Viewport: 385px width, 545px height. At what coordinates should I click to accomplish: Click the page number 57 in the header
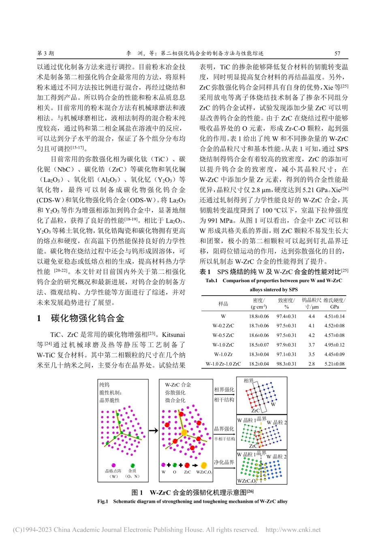coord(337,53)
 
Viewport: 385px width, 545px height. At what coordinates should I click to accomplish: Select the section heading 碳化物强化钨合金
coord(88,318)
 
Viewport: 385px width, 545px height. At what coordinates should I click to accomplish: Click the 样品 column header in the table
coord(223,304)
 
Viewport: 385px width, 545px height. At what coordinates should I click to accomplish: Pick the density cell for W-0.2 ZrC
coord(259,326)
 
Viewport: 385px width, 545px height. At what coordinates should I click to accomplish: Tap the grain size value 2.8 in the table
coord(311,364)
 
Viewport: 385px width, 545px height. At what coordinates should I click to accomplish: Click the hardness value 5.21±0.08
coord(334,364)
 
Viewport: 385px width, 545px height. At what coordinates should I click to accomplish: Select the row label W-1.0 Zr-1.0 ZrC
coord(223,364)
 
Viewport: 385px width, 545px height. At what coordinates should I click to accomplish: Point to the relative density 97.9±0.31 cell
coord(286,345)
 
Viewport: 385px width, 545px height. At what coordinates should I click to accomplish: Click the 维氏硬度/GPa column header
coord(334,303)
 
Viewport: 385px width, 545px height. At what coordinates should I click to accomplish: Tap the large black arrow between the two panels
coord(153,431)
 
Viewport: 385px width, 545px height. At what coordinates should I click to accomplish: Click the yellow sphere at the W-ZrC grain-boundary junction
coord(184,432)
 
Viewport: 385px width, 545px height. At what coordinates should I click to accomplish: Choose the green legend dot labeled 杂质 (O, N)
coord(133,466)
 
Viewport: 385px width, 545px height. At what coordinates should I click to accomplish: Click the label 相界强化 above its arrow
coord(224,390)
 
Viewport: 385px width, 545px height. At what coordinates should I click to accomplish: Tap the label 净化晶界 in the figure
coord(224,462)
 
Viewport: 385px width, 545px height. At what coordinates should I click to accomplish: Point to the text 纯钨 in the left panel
coord(105,385)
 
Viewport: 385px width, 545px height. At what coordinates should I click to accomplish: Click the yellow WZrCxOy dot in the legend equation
coord(204,465)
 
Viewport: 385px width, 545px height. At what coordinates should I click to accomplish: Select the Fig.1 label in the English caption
coord(103,502)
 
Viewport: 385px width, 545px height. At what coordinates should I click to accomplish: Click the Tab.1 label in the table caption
coord(211,281)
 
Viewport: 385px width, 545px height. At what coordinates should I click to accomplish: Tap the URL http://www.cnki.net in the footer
coord(293,530)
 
